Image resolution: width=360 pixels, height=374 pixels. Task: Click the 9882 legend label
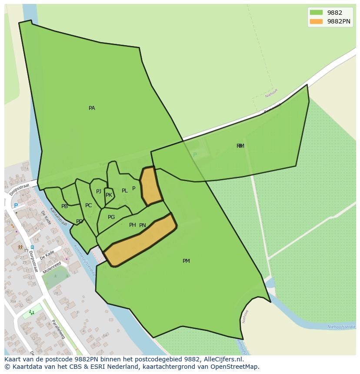(x=334, y=13)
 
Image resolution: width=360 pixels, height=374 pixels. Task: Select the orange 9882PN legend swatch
(x=316, y=21)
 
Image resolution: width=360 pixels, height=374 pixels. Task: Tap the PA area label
(x=92, y=108)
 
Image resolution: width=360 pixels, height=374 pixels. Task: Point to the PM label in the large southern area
(x=186, y=261)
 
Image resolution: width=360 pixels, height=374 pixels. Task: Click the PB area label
(x=64, y=206)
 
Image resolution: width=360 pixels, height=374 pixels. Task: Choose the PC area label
(x=88, y=205)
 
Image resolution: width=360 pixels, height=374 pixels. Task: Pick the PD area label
(x=79, y=222)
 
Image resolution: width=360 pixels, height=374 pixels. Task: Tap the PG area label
(x=111, y=217)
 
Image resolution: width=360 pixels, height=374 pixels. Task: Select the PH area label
(x=132, y=225)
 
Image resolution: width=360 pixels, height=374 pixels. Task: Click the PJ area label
(x=99, y=192)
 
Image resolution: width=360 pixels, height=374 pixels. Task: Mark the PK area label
(x=109, y=195)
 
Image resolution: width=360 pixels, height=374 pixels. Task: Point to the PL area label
(x=125, y=191)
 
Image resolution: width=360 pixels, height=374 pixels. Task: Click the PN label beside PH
(x=143, y=225)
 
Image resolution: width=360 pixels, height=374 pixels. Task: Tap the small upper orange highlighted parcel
(x=150, y=186)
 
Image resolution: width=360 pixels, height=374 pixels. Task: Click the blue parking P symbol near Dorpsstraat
(x=16, y=206)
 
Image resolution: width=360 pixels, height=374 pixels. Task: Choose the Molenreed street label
(x=52, y=267)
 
